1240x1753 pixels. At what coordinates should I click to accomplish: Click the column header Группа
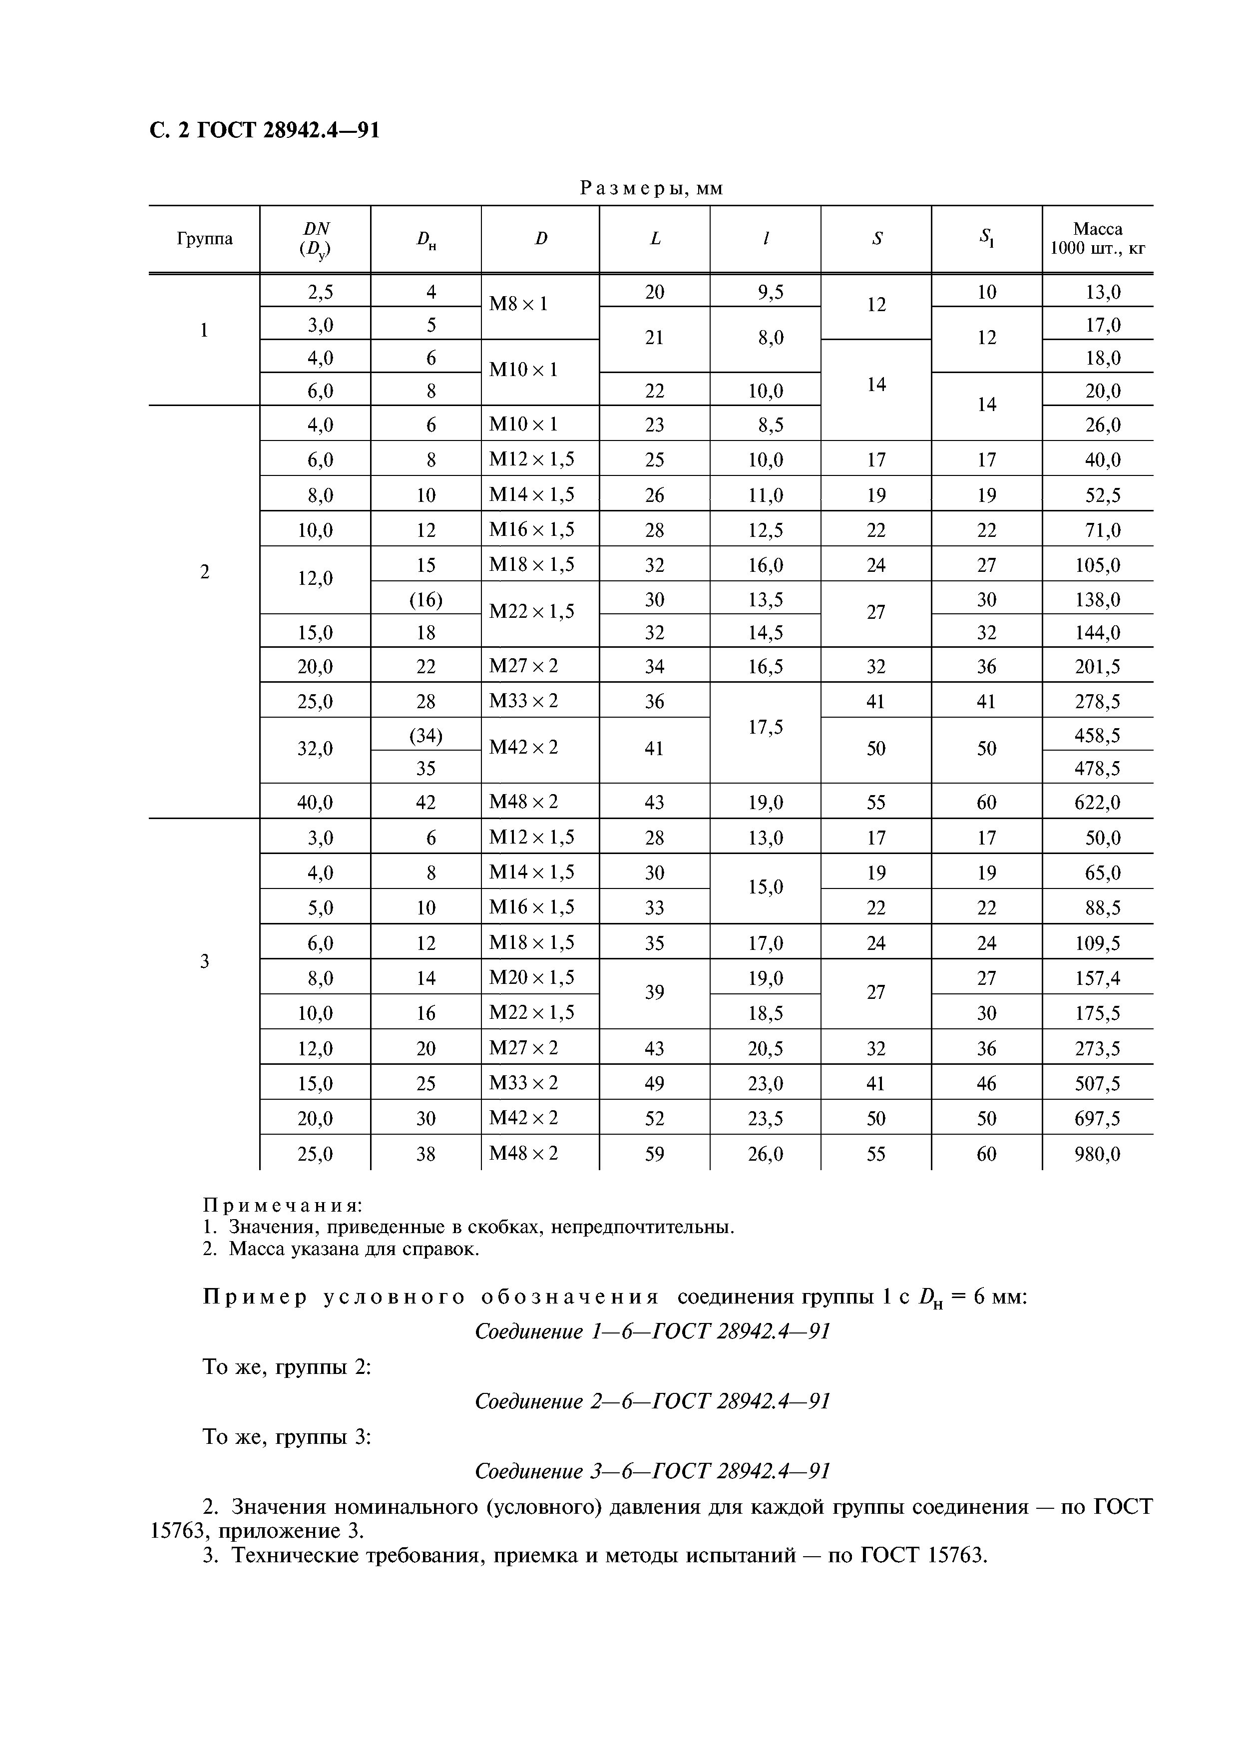click(205, 239)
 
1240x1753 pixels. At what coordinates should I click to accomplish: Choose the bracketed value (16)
click(426, 600)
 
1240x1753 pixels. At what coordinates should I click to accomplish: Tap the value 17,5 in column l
click(765, 728)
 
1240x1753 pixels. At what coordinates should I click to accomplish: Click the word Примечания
click(282, 1206)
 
